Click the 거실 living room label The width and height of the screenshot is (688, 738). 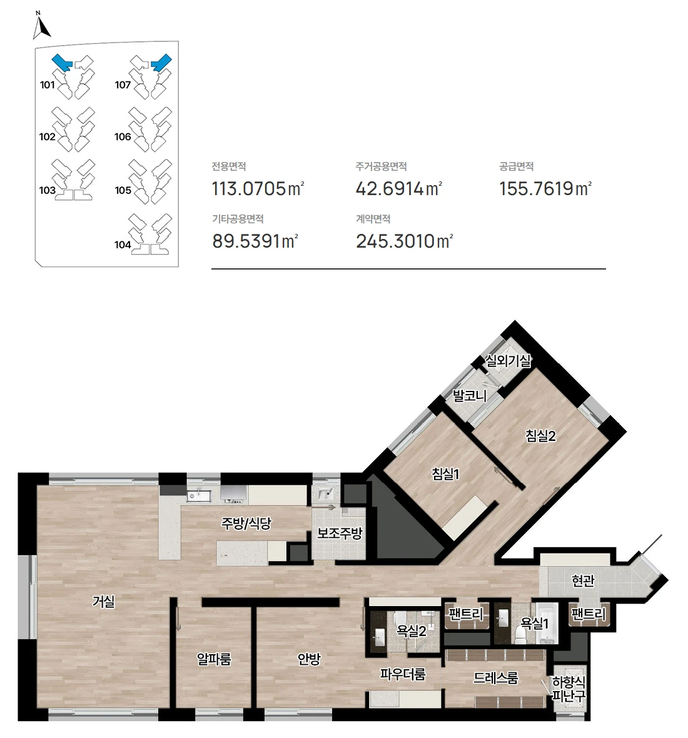pyautogui.click(x=104, y=601)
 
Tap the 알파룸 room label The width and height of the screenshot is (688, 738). pyautogui.click(x=214, y=659)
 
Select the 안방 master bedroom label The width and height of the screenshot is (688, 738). pyautogui.click(x=309, y=659)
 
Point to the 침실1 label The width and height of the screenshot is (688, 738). pyautogui.click(x=445, y=473)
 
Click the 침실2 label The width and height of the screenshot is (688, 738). pyautogui.click(x=541, y=436)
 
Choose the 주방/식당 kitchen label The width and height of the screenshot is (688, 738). pyautogui.click(x=246, y=523)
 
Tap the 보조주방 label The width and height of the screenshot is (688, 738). pyautogui.click(x=340, y=533)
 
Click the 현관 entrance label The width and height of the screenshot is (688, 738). pyautogui.click(x=583, y=581)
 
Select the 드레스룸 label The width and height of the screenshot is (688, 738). pyautogui.click(x=495, y=678)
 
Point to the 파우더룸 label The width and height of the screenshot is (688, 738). pyautogui.click(x=403, y=674)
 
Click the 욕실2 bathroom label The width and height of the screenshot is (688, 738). pyautogui.click(x=412, y=630)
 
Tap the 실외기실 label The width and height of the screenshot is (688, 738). pyautogui.click(x=508, y=361)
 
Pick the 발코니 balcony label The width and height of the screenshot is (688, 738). pyautogui.click(x=470, y=396)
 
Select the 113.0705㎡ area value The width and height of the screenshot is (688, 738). pyautogui.click(x=258, y=189)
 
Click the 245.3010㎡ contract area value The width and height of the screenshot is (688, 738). pyautogui.click(x=404, y=241)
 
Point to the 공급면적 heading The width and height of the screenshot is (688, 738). pyautogui.click(x=516, y=166)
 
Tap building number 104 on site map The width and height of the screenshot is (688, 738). pyautogui.click(x=123, y=245)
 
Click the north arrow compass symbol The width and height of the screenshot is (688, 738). pyautogui.click(x=41, y=26)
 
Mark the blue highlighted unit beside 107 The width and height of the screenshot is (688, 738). pyautogui.click(x=161, y=63)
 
